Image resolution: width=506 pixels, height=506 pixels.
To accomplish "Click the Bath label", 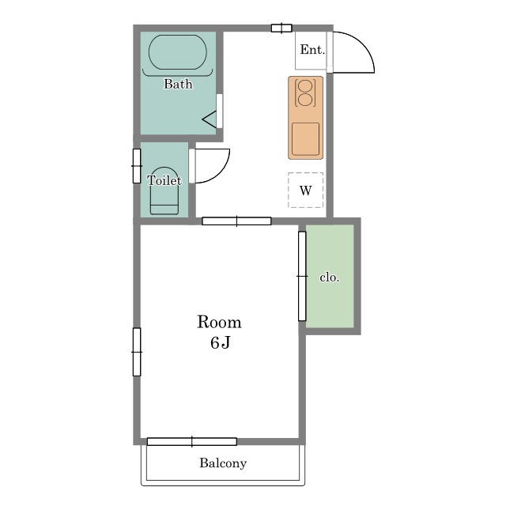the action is click(178, 84).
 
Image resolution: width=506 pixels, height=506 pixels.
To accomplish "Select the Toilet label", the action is click(164, 180).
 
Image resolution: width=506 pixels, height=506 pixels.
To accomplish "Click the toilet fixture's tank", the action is click(164, 210).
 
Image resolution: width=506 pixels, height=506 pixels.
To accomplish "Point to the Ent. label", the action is click(312, 50).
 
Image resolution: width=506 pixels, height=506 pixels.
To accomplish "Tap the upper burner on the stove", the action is click(305, 87).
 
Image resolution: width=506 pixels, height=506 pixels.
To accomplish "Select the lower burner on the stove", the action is click(305, 100).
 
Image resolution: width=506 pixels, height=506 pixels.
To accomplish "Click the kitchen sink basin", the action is click(306, 139).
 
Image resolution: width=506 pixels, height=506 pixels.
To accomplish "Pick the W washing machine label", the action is click(306, 191).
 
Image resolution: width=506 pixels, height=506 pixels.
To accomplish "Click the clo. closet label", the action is click(330, 278).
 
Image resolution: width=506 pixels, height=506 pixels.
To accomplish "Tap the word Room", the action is click(219, 322).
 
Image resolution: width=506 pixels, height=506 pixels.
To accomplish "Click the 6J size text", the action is click(220, 342).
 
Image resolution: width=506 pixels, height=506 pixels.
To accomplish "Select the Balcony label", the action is click(223, 463).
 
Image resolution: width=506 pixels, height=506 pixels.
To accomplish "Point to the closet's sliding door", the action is click(302, 276).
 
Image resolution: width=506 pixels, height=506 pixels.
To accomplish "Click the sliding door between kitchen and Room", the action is click(236, 221).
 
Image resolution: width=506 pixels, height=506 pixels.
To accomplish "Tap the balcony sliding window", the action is click(191, 441).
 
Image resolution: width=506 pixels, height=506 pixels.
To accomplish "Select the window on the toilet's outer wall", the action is click(137, 166).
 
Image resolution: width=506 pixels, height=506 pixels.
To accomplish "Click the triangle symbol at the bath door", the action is click(209, 119).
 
